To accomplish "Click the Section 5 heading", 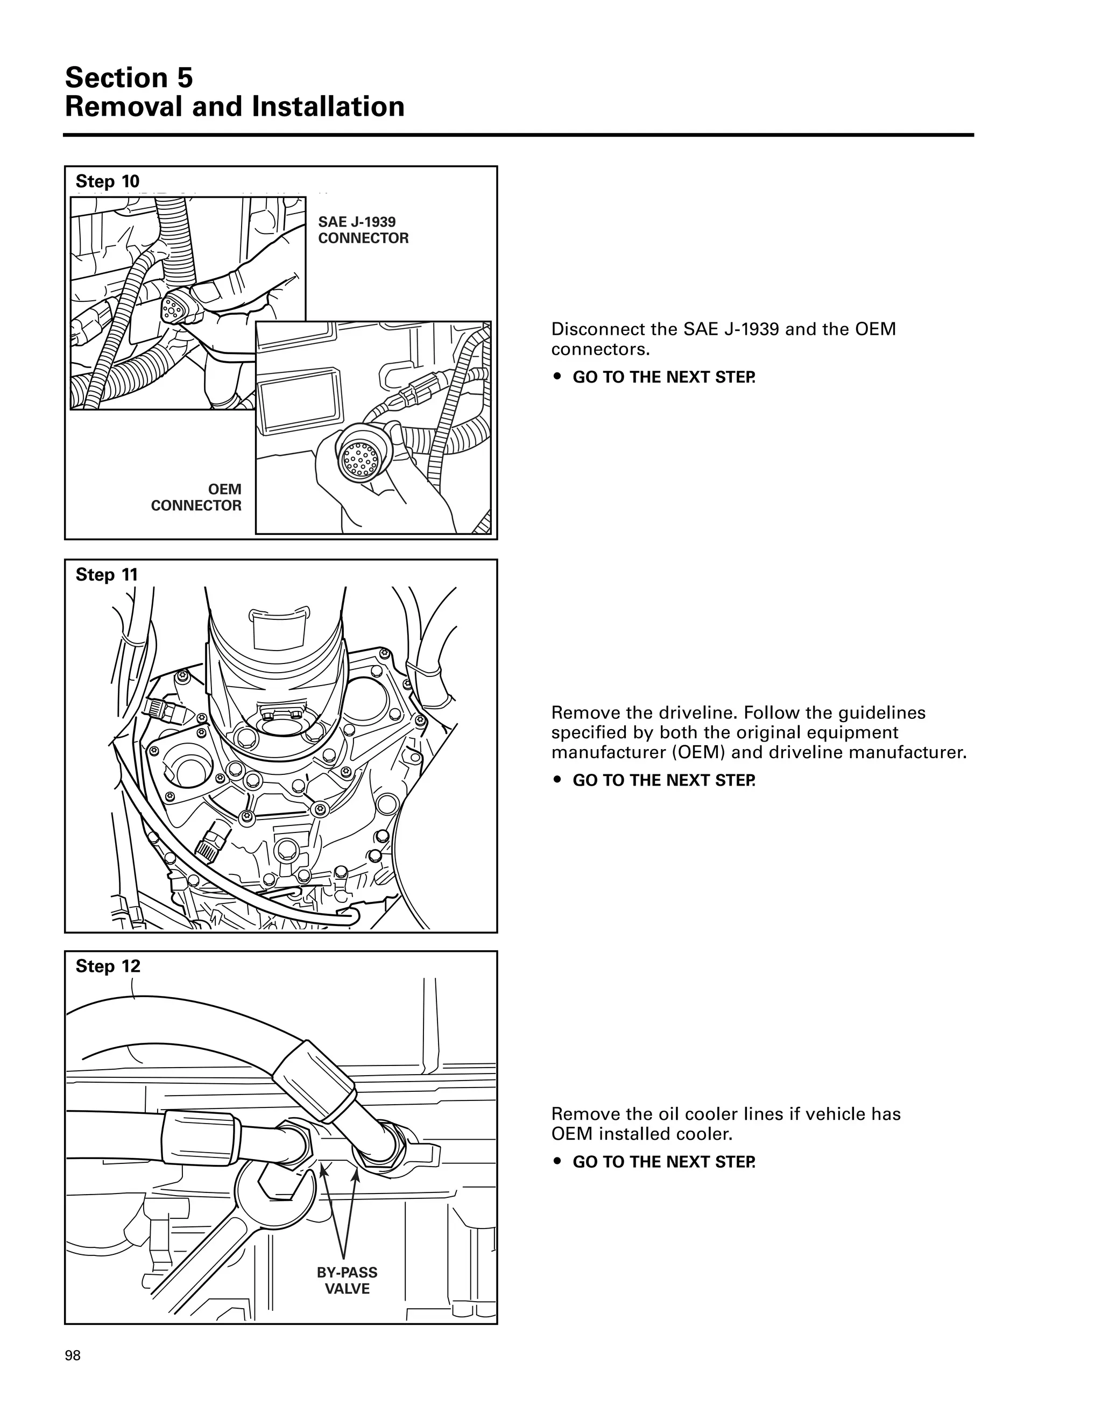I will coord(129,77).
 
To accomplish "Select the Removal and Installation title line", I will coord(235,107).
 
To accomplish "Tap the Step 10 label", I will coord(107,181).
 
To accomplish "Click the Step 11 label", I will coord(107,575).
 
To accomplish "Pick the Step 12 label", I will coord(108,966).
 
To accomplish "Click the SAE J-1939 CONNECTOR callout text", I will coord(363,230).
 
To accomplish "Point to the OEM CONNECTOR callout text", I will coord(196,497).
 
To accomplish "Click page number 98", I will coord(73,1356).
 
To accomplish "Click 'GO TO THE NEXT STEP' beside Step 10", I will coord(663,377).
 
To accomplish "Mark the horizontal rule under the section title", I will coord(518,135).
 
